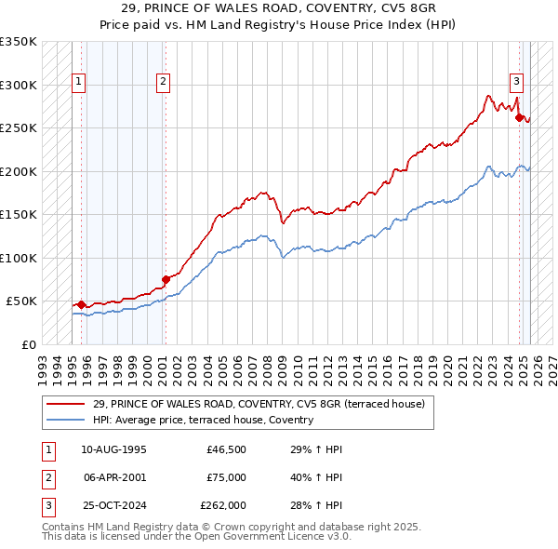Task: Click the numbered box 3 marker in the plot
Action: point(516,81)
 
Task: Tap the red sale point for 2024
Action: point(520,117)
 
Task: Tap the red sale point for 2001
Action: point(166,278)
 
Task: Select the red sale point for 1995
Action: point(81,303)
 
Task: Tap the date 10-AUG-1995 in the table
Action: point(113,449)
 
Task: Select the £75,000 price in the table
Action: point(227,477)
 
